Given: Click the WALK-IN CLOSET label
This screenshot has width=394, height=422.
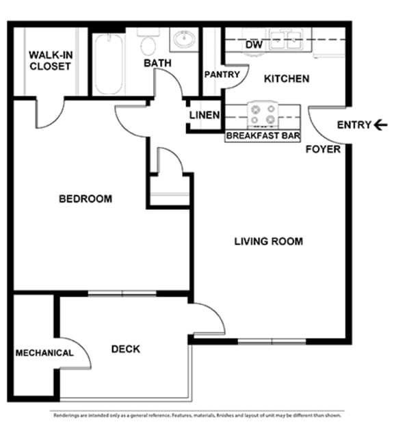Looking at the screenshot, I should tap(49, 61).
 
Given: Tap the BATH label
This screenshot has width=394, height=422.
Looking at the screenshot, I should tap(157, 64).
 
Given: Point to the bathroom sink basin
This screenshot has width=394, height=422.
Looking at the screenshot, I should tap(183, 40).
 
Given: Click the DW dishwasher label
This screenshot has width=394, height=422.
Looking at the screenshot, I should tap(254, 45).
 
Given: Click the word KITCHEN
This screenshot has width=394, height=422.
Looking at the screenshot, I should tap(287, 79).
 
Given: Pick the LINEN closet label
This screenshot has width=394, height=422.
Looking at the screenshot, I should tap(205, 115).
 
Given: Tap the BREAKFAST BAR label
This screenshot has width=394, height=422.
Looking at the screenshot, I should tap(263, 136).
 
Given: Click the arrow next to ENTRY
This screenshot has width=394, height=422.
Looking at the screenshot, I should tap(381, 124).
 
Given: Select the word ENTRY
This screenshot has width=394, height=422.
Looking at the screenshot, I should tap(354, 124).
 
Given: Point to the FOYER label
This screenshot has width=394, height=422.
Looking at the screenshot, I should tap(323, 148).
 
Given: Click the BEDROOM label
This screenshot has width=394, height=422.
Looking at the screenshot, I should tap(85, 199).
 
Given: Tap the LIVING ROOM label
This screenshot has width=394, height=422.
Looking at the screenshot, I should tap(268, 241).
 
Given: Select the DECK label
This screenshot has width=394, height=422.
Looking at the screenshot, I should tap(125, 349).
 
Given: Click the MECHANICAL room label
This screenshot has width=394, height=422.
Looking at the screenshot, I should tap(44, 353).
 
